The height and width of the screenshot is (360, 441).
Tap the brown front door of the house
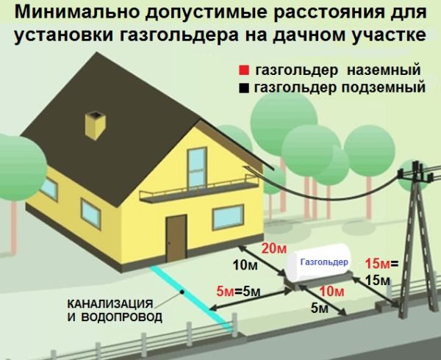point(176,238)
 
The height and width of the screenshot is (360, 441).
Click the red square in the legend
point(244,71)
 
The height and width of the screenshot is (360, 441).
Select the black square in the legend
point(244,88)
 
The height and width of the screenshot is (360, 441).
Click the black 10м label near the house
point(245,265)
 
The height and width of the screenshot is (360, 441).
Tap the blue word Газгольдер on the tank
point(324,262)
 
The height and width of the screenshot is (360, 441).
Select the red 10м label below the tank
point(332,292)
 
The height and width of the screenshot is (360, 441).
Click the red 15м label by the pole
point(378,264)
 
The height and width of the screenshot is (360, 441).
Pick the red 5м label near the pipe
point(226,292)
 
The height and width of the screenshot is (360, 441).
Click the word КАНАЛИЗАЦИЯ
point(110,303)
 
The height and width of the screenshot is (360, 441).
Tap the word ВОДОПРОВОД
point(122,317)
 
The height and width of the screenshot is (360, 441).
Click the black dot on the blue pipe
point(182,292)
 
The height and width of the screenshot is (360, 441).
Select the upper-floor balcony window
point(197,168)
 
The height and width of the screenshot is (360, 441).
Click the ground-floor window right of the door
point(228,217)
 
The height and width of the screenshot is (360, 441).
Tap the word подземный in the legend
point(384,87)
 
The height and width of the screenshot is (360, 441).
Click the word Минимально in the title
point(77,12)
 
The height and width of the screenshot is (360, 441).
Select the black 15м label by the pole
point(378,280)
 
